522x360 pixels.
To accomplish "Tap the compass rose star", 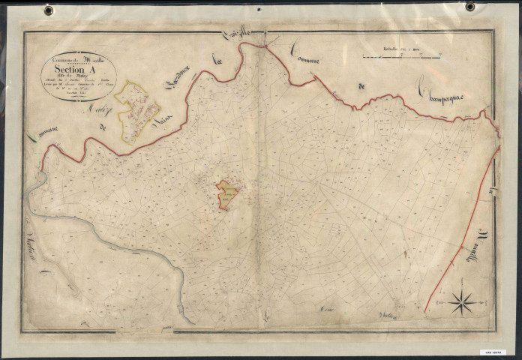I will coord(462,303).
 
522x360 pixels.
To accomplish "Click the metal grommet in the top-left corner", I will coord(49,10).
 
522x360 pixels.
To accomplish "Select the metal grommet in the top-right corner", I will coord(470,7).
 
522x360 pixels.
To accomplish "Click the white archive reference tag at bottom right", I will coord(495,351).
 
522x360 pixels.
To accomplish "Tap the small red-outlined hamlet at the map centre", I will coord(227,194).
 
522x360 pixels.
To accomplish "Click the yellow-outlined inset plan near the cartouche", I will coord(137,110).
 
